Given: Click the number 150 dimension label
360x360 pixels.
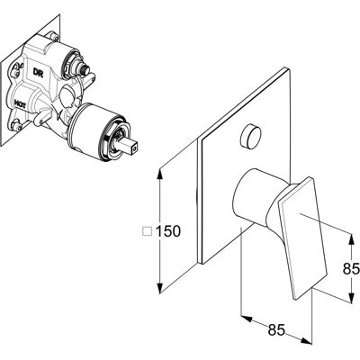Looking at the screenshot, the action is tap(168, 231).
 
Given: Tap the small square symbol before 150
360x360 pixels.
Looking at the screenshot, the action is tap(147, 231).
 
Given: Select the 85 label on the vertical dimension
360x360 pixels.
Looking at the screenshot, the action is tap(351, 269).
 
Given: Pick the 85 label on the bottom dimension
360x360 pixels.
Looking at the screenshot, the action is tap(276, 330).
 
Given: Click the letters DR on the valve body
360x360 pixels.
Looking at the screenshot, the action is tap(38, 73).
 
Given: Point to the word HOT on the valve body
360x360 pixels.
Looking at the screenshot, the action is tap(20, 104).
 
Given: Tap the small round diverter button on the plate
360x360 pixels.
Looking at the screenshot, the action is tap(251, 137).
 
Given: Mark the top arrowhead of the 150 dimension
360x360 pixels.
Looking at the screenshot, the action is tap(160, 174).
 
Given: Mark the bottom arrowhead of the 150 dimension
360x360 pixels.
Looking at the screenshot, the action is tap(160, 287).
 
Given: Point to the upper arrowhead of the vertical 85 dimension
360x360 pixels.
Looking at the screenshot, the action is tap(351, 238).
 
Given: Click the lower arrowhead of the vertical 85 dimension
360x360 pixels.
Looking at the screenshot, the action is tap(351, 297).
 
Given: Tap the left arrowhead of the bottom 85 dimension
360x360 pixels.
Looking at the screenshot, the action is tap(247, 319).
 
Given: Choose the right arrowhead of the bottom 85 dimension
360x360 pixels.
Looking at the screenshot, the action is tap(306, 341).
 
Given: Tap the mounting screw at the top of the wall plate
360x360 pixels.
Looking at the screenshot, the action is tap(54, 37).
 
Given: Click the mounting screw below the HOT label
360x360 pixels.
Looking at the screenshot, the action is tap(17, 125).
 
